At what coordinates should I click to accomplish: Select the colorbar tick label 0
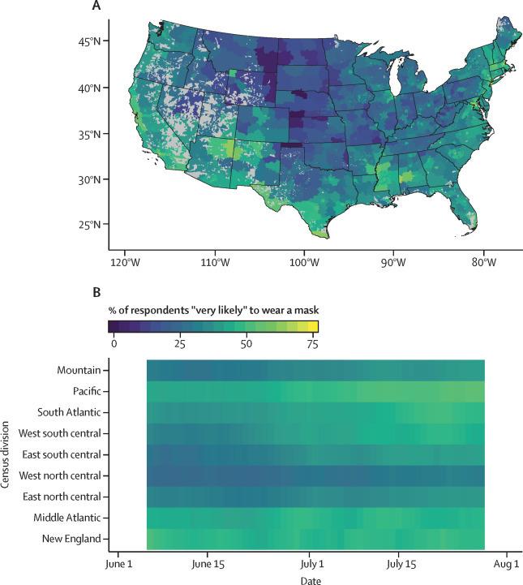(114, 342)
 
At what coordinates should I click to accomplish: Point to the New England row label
(72, 538)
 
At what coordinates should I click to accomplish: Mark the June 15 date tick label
(208, 562)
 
